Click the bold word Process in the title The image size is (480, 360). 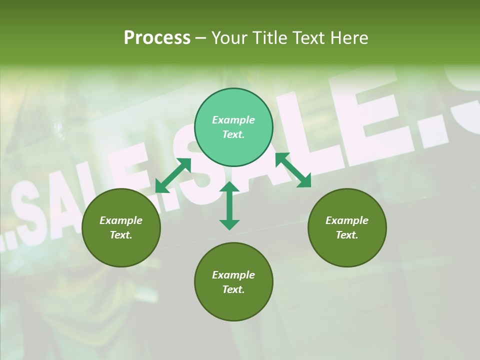[157, 38]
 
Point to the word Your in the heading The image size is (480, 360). [229, 38]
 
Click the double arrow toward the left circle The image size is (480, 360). [173, 175]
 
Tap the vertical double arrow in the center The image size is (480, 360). [229, 205]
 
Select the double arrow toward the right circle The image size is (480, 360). [293, 170]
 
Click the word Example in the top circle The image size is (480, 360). [233, 120]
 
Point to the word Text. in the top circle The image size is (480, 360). [233, 134]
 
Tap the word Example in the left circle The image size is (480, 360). [121, 220]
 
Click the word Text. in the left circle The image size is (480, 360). [121, 235]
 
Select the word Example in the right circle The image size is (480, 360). [347, 220]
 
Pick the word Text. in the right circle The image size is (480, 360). [347, 235]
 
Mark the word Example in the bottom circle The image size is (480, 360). [233, 275]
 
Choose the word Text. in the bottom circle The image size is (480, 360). [233, 289]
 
